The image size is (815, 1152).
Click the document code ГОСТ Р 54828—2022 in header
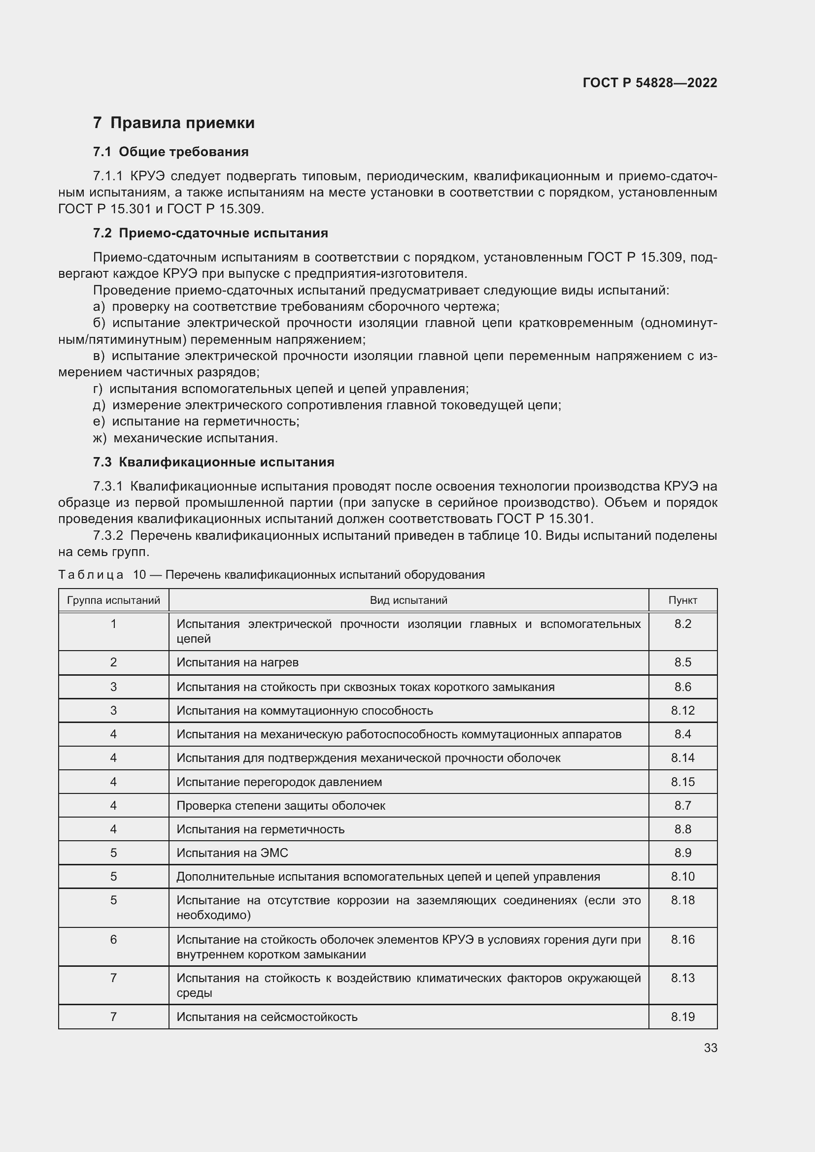[649, 83]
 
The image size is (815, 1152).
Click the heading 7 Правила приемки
[173, 123]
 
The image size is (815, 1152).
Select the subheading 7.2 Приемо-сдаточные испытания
[210, 233]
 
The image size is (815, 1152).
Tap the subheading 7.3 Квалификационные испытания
[213, 462]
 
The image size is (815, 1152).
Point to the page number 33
[710, 1048]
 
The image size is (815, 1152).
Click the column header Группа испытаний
[113, 600]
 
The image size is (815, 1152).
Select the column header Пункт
[682, 600]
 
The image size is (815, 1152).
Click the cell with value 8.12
[682, 711]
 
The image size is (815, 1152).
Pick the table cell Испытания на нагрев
[238, 662]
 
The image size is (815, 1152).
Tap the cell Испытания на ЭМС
[232, 853]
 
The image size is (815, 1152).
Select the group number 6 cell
[113, 939]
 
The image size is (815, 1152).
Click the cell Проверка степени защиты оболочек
[280, 805]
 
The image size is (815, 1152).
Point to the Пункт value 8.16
[682, 939]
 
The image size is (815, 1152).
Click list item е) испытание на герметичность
[196, 422]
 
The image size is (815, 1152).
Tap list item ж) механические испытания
[186, 438]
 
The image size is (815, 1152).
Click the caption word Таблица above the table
[91, 575]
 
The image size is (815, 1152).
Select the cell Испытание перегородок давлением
[279, 782]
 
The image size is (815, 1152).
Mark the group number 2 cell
[113, 662]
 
